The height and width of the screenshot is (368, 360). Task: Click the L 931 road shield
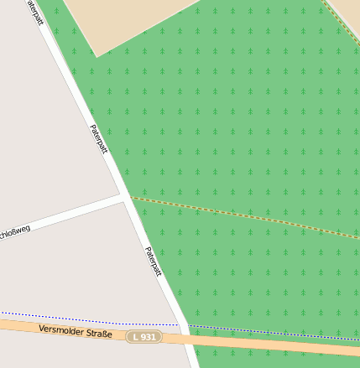point(143,336)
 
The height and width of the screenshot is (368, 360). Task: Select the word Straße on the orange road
point(100,334)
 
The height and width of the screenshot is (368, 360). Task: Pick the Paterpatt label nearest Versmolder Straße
point(152,262)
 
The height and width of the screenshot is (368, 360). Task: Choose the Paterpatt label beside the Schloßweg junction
point(98,139)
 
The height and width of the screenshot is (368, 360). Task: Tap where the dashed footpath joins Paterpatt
point(129,198)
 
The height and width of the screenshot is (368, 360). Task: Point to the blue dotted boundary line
point(84,319)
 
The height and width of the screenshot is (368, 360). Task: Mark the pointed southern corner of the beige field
point(97,56)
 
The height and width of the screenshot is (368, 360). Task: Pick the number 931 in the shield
point(148,336)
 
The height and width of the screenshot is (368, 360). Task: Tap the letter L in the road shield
point(136,336)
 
